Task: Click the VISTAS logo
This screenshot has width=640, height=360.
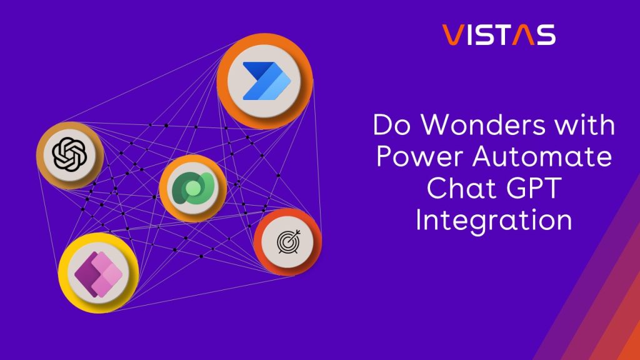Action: pyautogui.click(x=498, y=35)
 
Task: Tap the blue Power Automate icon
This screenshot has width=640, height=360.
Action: pyautogui.click(x=264, y=81)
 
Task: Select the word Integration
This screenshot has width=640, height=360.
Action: pyautogui.click(x=494, y=221)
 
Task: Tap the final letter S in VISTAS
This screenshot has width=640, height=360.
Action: pyautogui.click(x=546, y=35)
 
